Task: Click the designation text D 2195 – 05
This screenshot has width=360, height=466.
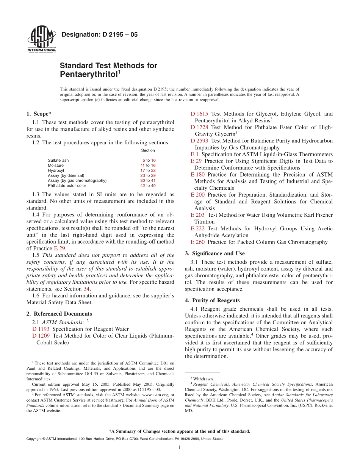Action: (x=99, y=35)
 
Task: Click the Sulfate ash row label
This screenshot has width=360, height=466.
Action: (x=58, y=160)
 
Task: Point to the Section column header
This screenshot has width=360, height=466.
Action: (x=148, y=150)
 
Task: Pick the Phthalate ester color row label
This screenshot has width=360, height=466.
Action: (x=67, y=186)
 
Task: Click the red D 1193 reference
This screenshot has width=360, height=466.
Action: (x=41, y=329)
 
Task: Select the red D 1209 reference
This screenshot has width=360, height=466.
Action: (x=41, y=336)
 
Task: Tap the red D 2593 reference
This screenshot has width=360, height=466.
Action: (x=199, y=141)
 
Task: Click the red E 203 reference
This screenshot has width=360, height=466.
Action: (x=197, y=215)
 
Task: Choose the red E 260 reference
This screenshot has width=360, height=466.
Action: (x=197, y=242)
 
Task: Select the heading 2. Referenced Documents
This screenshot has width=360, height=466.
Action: (x=59, y=314)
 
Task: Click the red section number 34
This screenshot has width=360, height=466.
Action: (x=86, y=289)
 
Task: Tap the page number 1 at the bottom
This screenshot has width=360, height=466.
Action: (x=180, y=447)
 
